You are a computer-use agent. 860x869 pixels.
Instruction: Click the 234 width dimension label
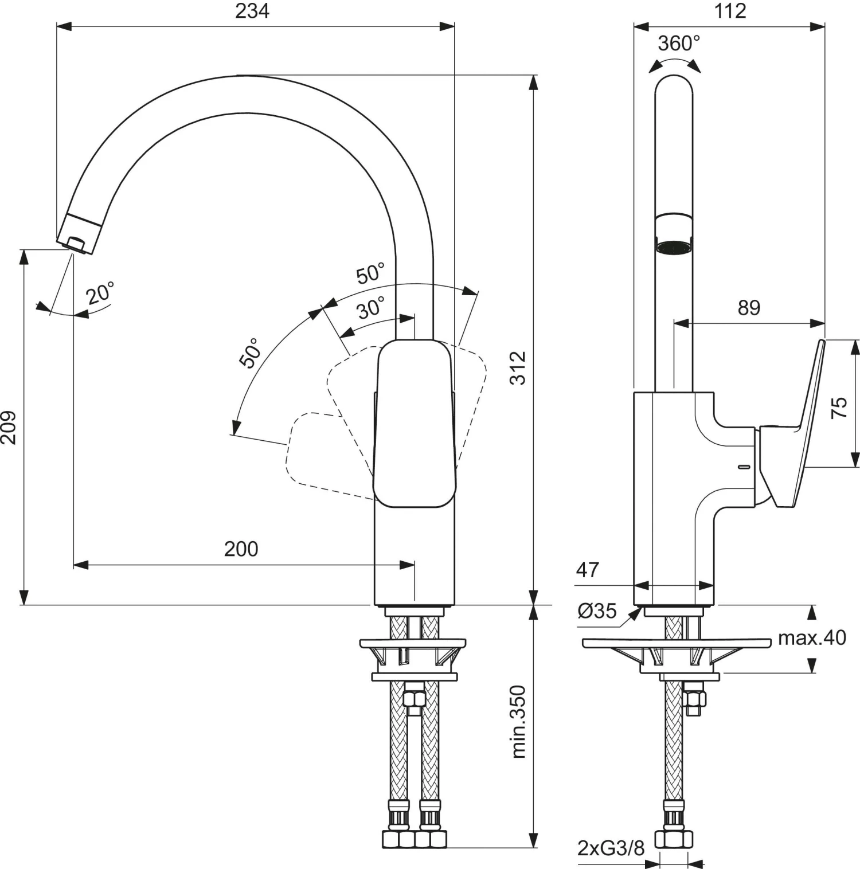pos(252,11)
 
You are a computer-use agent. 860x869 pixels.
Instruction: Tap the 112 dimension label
pos(730,11)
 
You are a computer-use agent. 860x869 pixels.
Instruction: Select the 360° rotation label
pos(679,44)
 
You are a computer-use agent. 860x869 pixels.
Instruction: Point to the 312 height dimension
pos(518,368)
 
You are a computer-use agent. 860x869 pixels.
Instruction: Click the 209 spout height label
pos(9,427)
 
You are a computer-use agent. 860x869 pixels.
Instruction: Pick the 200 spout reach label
pos(241,549)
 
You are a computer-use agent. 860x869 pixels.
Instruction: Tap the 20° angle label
pos(101,293)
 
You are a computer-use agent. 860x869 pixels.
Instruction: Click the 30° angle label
pos(371,308)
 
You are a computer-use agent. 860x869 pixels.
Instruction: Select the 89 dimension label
pos(749,308)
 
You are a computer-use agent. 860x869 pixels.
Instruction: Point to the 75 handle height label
pos(839,407)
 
